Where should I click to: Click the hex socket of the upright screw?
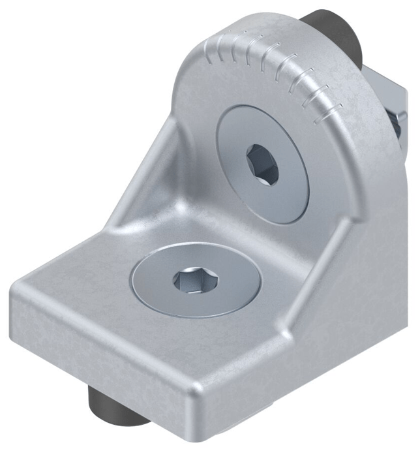point(262,165)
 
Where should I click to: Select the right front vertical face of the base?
point(241,392)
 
